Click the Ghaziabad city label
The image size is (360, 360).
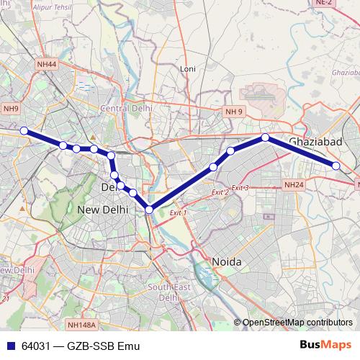(315, 142)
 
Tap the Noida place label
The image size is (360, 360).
(226, 261)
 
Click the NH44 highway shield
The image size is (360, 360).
(46, 64)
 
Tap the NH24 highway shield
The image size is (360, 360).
(294, 185)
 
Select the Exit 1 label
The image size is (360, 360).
(177, 213)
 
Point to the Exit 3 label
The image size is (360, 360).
(240, 188)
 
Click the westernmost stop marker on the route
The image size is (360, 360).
(24, 130)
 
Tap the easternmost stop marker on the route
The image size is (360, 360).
(336, 166)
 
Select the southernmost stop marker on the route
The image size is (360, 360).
(149, 210)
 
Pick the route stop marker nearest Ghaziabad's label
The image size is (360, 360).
(265, 137)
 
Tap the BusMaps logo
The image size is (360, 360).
(325, 344)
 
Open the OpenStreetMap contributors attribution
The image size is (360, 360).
(297, 322)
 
